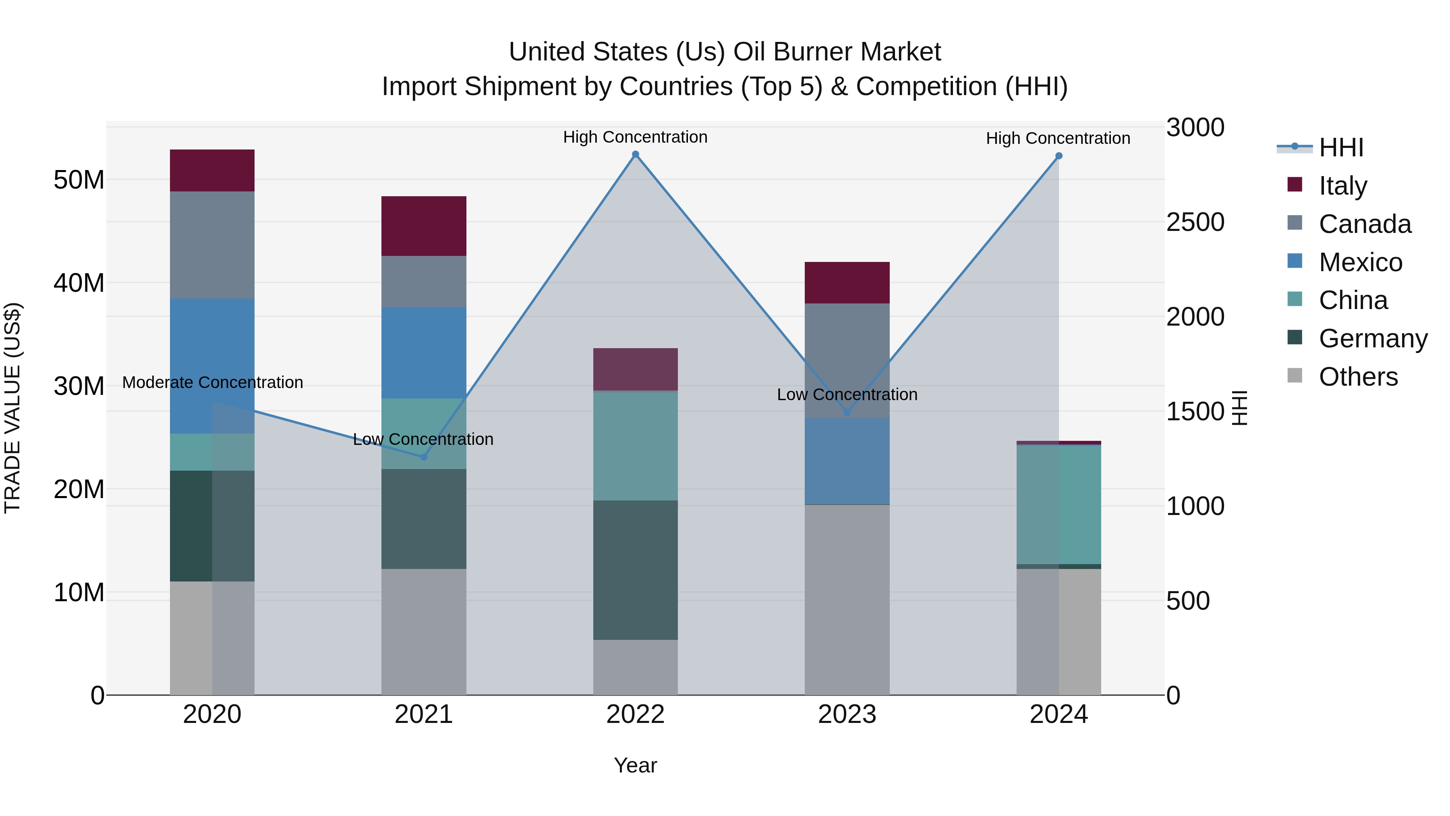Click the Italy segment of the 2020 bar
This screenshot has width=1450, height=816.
click(x=212, y=170)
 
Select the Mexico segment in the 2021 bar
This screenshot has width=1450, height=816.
click(x=424, y=353)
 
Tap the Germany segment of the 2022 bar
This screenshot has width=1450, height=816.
click(x=636, y=569)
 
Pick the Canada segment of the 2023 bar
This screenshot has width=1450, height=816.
click(x=847, y=360)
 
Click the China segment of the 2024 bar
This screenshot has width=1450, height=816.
click(x=1059, y=504)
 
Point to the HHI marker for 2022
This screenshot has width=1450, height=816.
click(x=636, y=154)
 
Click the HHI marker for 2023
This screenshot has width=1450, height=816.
click(x=847, y=412)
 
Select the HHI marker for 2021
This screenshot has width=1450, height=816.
click(x=424, y=457)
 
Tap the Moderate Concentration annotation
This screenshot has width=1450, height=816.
click(x=212, y=382)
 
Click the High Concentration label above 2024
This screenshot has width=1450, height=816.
click(x=1058, y=138)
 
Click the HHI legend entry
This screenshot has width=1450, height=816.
click(x=1341, y=147)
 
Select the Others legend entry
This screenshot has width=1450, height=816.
click(x=1358, y=377)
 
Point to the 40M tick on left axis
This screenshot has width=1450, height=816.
click(x=79, y=283)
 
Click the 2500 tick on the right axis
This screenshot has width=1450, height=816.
click(x=1195, y=222)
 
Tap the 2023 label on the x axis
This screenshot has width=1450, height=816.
click(x=847, y=714)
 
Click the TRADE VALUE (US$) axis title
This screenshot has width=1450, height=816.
click(x=12, y=408)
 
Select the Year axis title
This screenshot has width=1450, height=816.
click(x=636, y=765)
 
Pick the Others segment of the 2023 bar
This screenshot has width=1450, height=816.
click(x=847, y=599)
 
